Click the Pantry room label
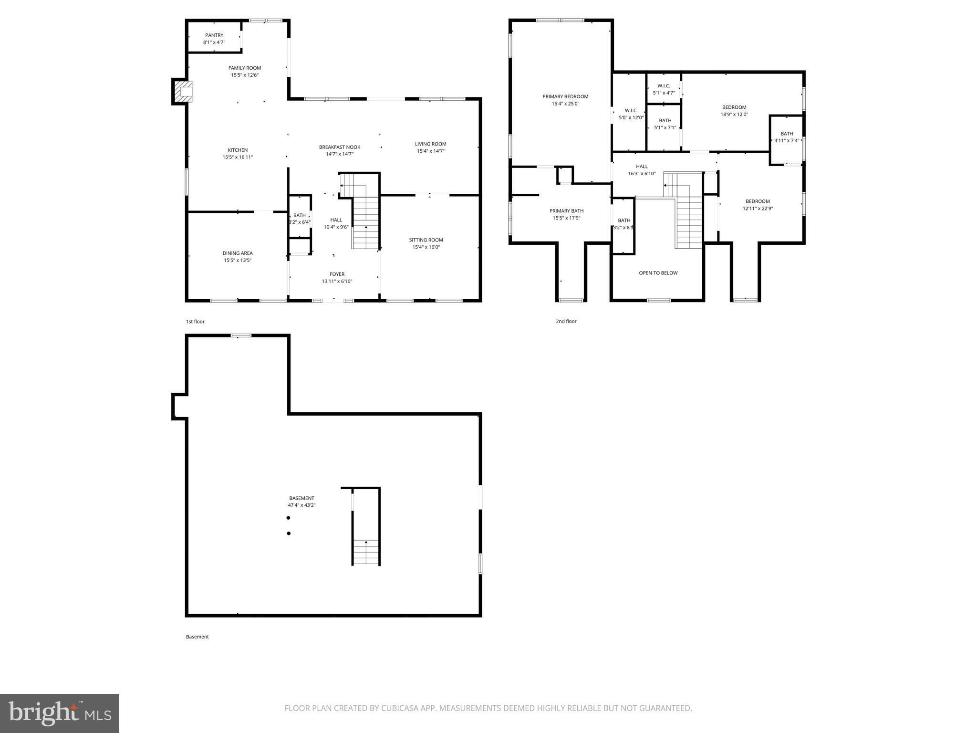(214, 35)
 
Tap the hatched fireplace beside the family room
(183, 92)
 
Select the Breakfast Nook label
(340, 147)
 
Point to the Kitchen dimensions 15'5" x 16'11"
(238, 157)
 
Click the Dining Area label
(238, 253)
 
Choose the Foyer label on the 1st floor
(337, 274)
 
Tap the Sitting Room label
(426, 240)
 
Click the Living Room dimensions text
(431, 151)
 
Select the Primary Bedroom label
(565, 96)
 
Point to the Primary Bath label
(566, 211)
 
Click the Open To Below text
(658, 273)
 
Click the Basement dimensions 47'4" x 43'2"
(301, 505)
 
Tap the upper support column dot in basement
(288, 518)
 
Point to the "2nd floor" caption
(566, 321)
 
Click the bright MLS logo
(60, 713)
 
